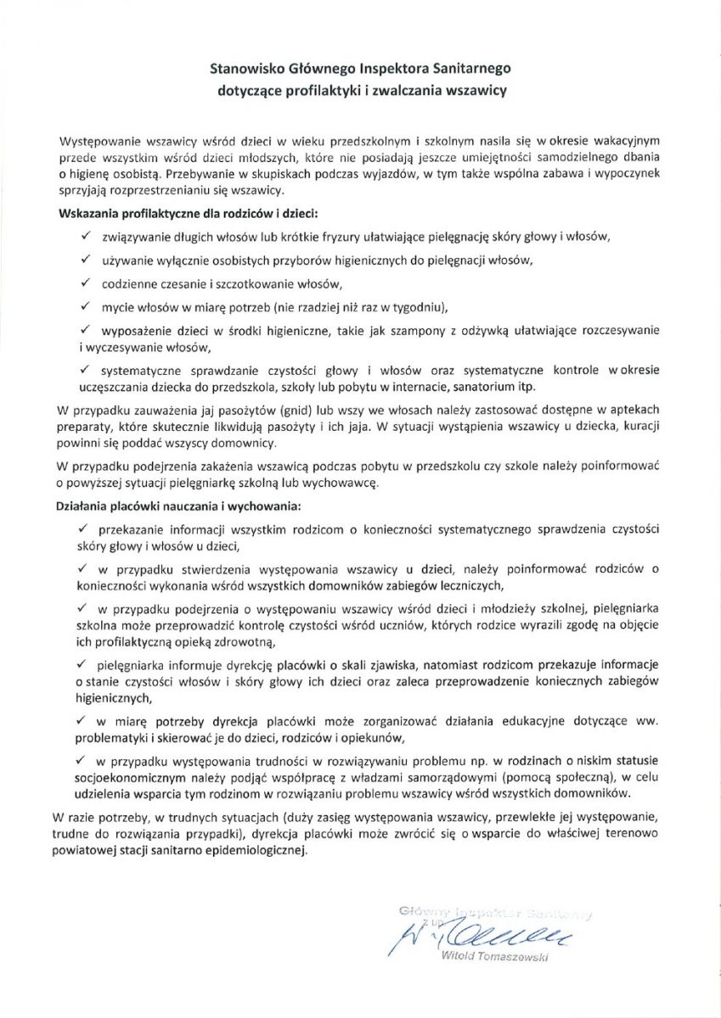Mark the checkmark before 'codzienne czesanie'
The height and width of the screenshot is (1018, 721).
85,281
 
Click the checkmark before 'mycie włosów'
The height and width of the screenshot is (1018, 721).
85,305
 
